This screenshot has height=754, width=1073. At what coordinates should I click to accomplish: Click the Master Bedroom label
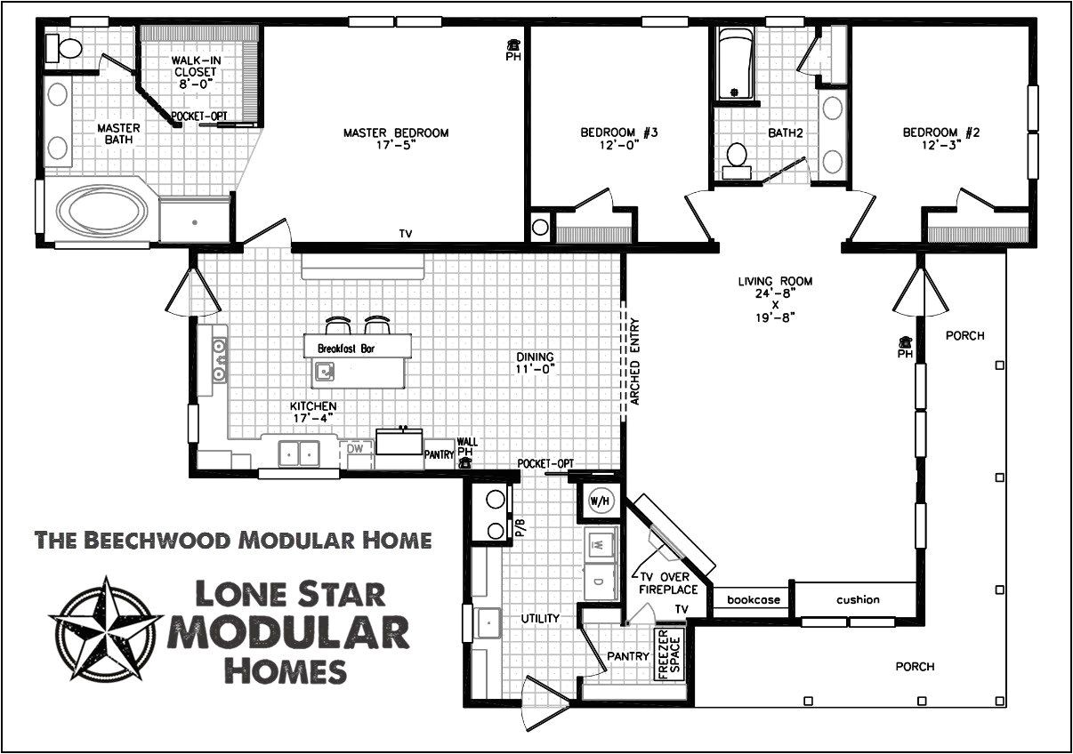[396, 133]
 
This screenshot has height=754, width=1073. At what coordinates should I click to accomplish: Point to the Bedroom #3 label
[618, 133]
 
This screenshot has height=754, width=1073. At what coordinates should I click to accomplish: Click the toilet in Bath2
[736, 157]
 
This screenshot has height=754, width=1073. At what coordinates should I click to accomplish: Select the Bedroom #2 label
[941, 133]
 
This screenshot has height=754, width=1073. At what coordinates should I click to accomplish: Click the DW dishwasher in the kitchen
[354, 449]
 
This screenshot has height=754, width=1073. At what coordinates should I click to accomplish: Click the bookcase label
[753, 600]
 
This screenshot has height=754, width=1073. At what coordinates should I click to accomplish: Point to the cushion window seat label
[858, 600]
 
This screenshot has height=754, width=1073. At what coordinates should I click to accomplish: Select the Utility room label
[540, 618]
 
